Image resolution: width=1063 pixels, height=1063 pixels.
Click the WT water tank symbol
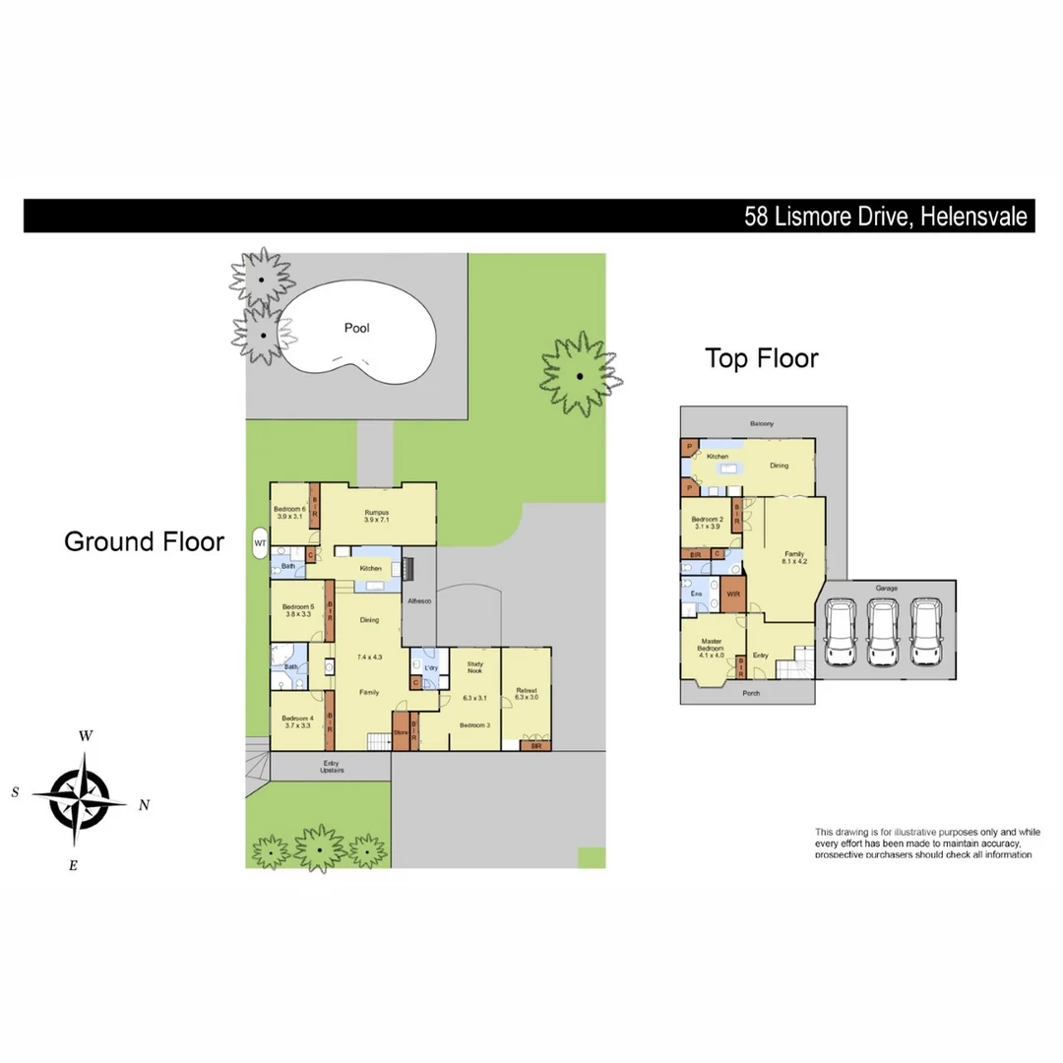point(260,541)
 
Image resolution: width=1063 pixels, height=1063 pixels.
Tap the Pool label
point(356,328)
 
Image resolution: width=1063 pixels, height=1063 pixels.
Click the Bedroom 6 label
point(289,509)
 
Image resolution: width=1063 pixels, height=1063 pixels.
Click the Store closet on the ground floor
point(401,732)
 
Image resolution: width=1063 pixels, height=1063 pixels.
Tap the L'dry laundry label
point(430,655)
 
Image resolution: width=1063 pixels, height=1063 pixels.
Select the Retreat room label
point(527,691)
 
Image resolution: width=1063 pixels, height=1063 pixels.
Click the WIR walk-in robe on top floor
point(732,594)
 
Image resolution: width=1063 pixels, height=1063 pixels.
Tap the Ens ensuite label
point(696,594)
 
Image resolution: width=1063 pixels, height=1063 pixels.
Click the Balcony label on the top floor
point(761,424)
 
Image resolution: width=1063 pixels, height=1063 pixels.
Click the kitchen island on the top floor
point(729,469)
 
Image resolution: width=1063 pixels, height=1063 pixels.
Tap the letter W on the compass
point(87,735)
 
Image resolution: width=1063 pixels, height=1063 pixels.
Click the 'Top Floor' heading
point(761,359)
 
